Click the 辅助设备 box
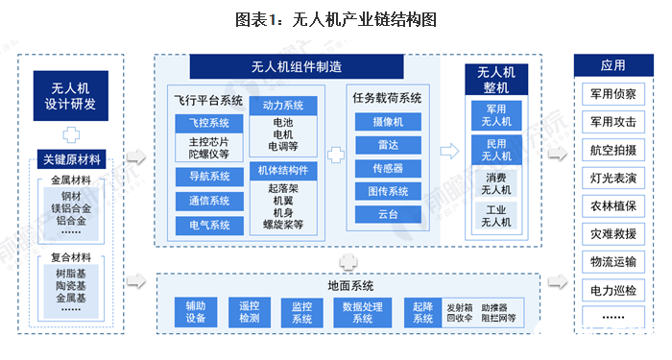click(196, 312)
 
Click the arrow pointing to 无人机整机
click(448, 152)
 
